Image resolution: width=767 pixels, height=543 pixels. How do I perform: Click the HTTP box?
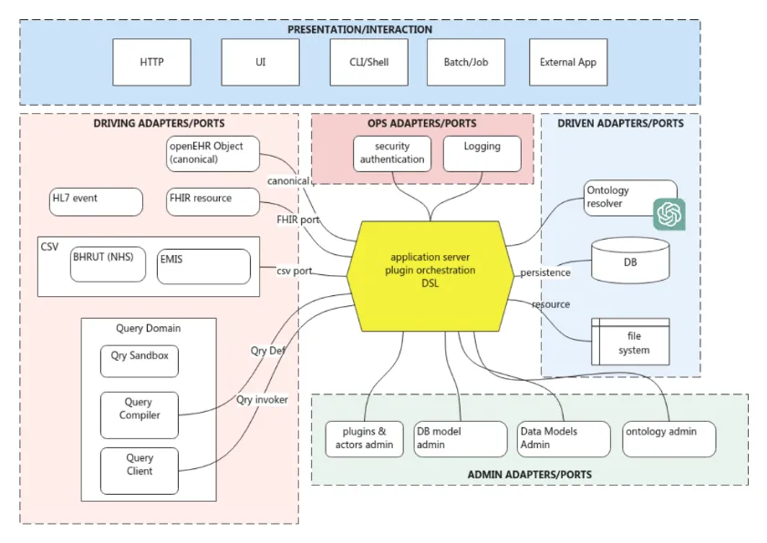pos(152,62)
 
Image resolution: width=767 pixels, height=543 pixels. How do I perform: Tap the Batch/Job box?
pos(466,62)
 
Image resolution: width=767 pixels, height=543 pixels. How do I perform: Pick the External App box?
pos(568,62)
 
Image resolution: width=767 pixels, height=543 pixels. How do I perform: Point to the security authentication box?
pos(392,153)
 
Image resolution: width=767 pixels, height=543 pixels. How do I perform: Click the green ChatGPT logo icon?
pos(669,214)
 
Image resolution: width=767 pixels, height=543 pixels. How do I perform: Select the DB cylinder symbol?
pos(630,261)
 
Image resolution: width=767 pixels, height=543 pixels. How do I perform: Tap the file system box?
pos(630,342)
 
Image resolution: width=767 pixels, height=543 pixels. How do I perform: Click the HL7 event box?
pos(96,201)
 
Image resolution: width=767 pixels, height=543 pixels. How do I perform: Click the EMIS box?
pos(202,266)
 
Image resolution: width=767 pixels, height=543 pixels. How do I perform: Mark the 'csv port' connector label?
pos(295,271)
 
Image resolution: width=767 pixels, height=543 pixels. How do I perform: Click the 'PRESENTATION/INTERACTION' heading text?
pos(360,30)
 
